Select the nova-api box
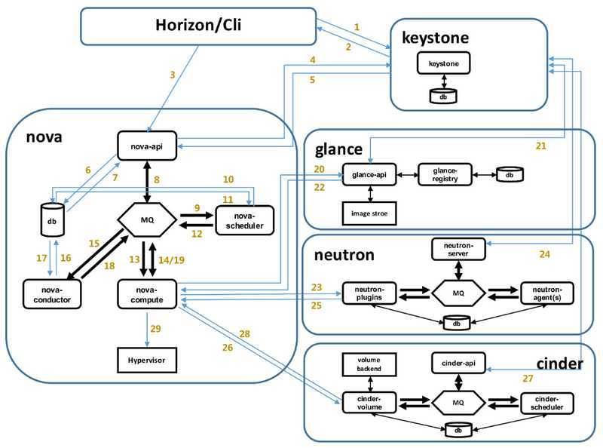point(147,145)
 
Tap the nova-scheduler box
point(244,219)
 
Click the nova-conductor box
point(51,293)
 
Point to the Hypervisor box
point(147,361)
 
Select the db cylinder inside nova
point(51,221)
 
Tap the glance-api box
point(369,174)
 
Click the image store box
point(369,213)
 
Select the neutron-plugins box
point(369,291)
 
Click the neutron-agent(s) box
point(546,291)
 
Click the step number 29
point(156,329)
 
